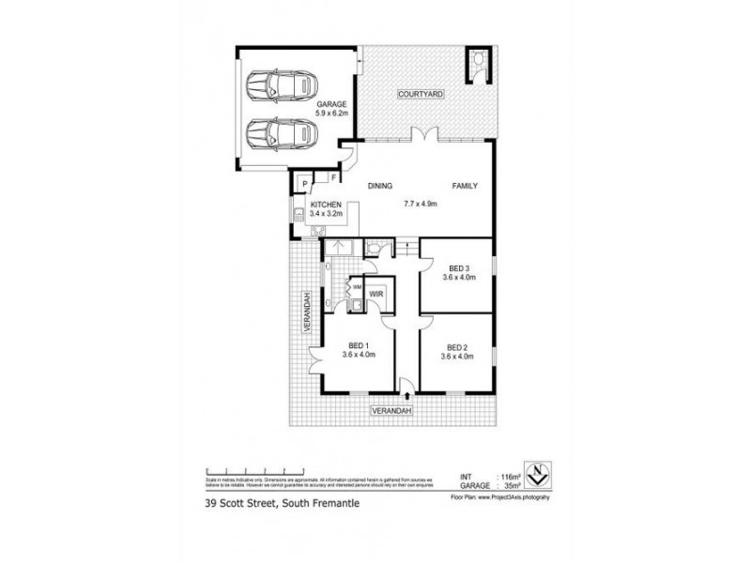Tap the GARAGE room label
(x=331, y=103)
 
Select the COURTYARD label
(x=421, y=95)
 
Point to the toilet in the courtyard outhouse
(x=477, y=61)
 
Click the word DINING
(x=380, y=186)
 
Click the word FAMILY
(x=466, y=186)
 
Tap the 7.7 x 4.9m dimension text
(x=421, y=204)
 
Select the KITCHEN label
(x=326, y=205)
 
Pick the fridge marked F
(x=333, y=176)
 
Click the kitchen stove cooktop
(x=317, y=228)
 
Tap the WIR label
(x=376, y=294)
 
